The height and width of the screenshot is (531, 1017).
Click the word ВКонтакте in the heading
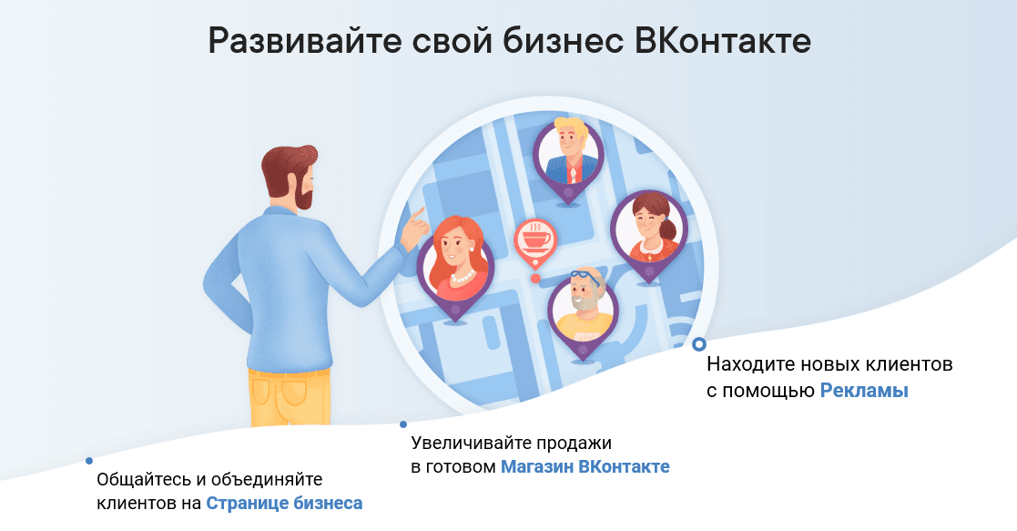(722, 41)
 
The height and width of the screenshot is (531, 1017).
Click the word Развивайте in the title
(304, 42)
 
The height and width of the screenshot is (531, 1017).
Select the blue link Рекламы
(864, 391)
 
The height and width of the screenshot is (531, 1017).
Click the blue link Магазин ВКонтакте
(585, 466)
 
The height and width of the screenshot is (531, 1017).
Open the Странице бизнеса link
(284, 504)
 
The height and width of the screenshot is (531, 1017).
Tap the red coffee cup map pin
(535, 243)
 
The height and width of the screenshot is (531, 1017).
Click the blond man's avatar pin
(568, 159)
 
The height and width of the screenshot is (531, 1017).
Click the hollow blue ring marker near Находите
(698, 343)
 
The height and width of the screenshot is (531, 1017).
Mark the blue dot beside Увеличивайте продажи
(402, 424)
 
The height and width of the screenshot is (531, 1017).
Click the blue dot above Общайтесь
(89, 461)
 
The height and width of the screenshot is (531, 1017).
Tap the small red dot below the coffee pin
(535, 279)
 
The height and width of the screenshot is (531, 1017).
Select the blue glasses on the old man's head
(587, 279)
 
